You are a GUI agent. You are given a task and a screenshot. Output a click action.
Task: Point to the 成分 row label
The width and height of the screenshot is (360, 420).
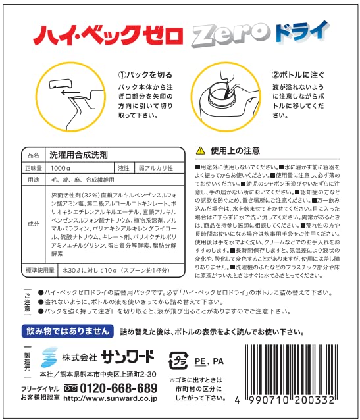coord(33,224)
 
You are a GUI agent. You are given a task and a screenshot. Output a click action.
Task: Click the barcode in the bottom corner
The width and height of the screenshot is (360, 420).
coord(296,368)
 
